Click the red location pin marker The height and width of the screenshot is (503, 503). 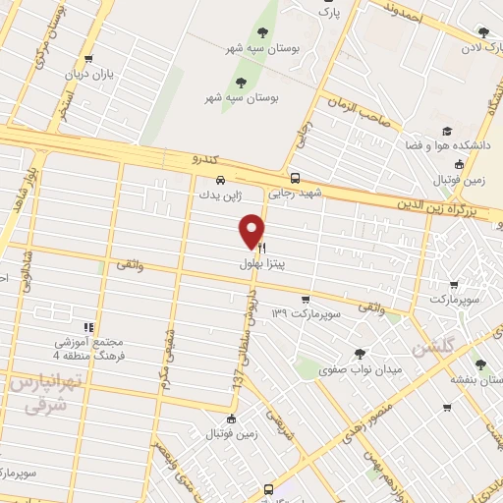pyautogui.click(x=252, y=230)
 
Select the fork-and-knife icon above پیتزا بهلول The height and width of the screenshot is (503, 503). pyautogui.click(x=260, y=250)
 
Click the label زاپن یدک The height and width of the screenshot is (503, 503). pyautogui.click(x=218, y=195)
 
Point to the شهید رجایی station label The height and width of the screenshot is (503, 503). pyautogui.click(x=297, y=194)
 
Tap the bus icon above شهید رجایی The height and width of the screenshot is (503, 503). pyautogui.click(x=295, y=178)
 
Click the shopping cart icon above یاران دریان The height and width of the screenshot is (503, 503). pyautogui.click(x=90, y=58)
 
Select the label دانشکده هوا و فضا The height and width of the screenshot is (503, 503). pyautogui.click(x=449, y=145)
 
